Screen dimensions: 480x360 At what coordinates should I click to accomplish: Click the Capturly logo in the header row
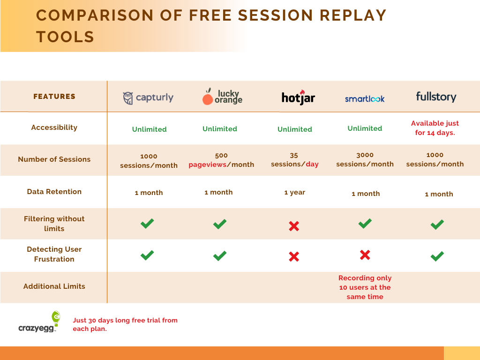click(x=148, y=98)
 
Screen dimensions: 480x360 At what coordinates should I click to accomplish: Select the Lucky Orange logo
click(x=222, y=97)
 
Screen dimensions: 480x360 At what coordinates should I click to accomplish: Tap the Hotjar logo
click(x=298, y=97)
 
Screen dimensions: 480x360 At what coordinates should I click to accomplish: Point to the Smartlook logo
click(x=365, y=99)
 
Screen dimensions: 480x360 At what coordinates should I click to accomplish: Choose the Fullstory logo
click(x=436, y=97)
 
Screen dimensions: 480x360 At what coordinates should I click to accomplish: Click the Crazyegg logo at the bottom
click(x=39, y=322)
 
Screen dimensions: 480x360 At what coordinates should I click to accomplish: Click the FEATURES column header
click(x=54, y=97)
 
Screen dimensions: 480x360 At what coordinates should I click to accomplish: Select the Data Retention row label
click(x=54, y=192)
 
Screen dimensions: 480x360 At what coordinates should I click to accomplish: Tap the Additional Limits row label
click(x=54, y=286)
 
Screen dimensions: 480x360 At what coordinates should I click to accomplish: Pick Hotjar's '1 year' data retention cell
click(x=294, y=192)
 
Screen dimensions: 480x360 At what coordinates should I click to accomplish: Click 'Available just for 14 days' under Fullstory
click(x=435, y=128)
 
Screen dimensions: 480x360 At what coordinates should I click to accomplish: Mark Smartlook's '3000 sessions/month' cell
click(x=365, y=159)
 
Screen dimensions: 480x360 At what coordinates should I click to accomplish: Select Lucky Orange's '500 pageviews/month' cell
click(x=221, y=160)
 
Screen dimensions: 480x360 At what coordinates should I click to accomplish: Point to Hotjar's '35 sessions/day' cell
click(x=294, y=160)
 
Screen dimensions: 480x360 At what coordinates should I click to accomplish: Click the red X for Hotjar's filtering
click(x=294, y=226)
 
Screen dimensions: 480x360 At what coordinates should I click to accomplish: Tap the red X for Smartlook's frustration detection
click(x=365, y=255)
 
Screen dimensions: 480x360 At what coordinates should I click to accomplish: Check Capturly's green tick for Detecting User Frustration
click(x=147, y=255)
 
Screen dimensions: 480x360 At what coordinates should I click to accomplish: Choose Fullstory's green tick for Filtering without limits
click(x=437, y=225)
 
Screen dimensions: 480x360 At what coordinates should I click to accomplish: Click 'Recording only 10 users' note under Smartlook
click(x=365, y=287)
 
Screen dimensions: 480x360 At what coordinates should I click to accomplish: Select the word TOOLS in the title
click(x=65, y=37)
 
